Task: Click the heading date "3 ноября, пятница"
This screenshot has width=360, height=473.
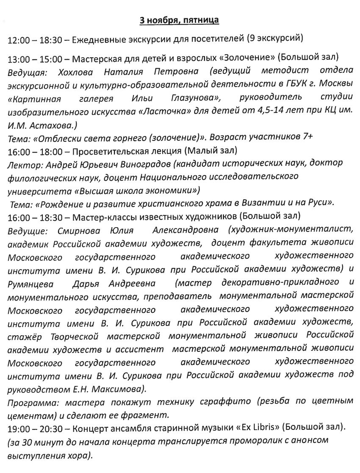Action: [180, 20]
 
